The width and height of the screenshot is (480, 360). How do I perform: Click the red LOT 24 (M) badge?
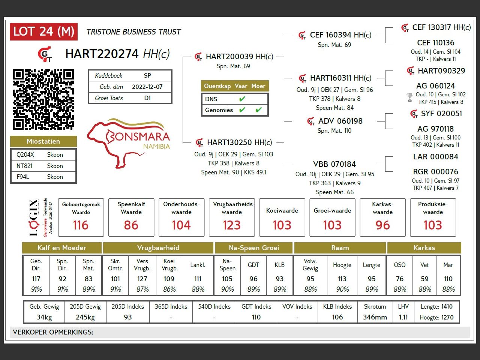pos(43,32)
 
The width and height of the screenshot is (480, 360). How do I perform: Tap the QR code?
pos(43,99)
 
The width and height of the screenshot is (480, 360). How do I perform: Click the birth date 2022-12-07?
pos(147,87)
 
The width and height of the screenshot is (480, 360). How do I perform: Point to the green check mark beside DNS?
pos(242,99)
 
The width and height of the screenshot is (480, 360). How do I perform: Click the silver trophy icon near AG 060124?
pos(409,97)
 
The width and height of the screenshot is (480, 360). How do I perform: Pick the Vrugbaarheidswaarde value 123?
pos(232,225)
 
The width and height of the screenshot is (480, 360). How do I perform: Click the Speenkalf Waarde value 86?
pos(131,225)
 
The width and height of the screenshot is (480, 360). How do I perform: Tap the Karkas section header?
pos(424,247)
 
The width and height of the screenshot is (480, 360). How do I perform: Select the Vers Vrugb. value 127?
pos(142,279)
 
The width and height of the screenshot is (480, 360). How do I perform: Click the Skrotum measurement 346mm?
pos(375,317)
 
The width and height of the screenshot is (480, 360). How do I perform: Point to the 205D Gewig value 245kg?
pos(85,317)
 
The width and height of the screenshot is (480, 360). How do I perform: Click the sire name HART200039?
pos(229,57)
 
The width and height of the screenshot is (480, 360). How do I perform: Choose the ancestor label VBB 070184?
pos(334,164)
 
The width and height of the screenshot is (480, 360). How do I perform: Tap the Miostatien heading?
pos(43,141)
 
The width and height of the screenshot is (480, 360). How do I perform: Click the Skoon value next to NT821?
pos(55,166)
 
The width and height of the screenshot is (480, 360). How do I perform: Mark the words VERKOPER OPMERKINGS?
pos(53,332)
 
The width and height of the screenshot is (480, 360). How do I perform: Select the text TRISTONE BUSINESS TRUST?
pos(133,32)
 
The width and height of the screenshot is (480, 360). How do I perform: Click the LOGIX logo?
pos(34,217)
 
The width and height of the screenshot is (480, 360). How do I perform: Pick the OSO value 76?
pos(399,279)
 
